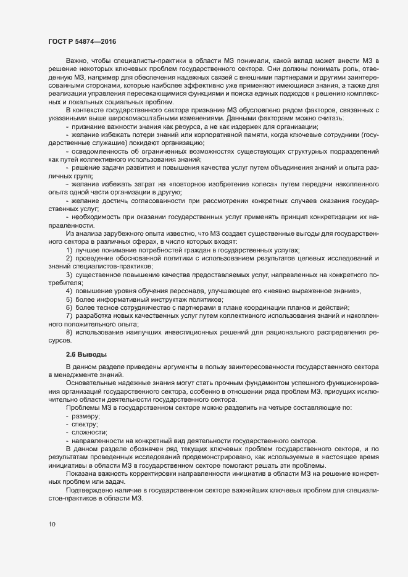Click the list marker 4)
click(70, 289)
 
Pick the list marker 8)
click(70, 333)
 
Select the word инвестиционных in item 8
click(194, 333)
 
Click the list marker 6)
click(70, 307)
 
